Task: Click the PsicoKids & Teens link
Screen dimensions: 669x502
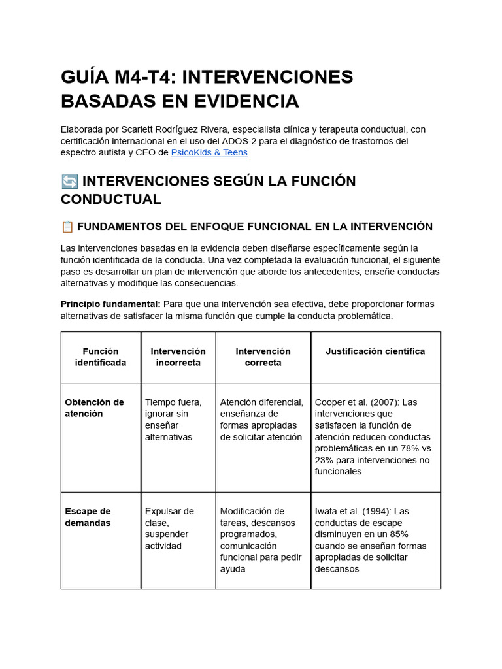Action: (209, 152)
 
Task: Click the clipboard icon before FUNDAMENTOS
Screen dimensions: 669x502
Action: (67, 227)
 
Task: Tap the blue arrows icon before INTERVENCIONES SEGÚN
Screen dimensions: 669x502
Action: (69, 181)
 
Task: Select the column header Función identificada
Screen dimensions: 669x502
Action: (101, 357)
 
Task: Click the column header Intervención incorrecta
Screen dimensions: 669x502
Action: (178, 357)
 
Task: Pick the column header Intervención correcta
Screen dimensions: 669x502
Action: (263, 357)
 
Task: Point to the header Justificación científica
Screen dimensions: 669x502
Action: (375, 351)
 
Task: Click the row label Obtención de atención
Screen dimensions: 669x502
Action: (94, 408)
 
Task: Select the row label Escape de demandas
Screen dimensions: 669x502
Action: (88, 517)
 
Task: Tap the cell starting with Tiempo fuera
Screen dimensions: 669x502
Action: (173, 419)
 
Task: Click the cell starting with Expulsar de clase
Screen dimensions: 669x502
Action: (170, 528)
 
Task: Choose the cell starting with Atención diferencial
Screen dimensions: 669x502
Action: (261, 419)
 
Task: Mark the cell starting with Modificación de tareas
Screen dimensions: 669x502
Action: (261, 540)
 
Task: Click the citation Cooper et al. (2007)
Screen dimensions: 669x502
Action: (355, 402)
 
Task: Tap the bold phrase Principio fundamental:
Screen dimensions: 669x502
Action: (110, 304)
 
